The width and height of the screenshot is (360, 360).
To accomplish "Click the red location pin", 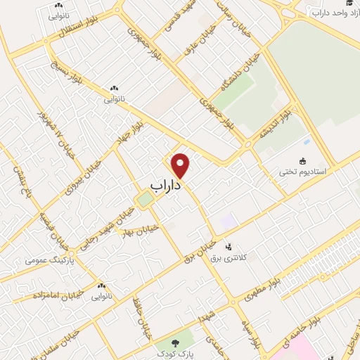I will [181, 165].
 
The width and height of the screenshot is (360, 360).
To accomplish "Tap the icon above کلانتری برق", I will [228, 247].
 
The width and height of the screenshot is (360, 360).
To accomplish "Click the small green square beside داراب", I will [145, 200].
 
